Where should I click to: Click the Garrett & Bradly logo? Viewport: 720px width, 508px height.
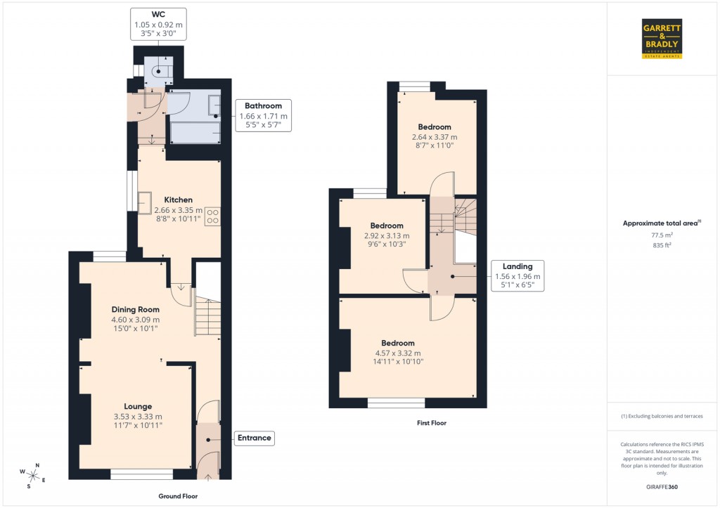(x=662, y=39)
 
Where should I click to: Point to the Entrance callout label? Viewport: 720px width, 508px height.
(x=254, y=438)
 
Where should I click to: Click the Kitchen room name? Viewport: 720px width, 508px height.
(x=179, y=200)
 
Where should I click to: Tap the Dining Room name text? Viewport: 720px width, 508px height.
(x=136, y=309)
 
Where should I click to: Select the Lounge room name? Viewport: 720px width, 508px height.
(x=138, y=406)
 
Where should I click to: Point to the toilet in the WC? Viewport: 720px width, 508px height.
(x=158, y=70)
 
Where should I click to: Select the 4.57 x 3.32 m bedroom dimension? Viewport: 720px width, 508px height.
(x=397, y=353)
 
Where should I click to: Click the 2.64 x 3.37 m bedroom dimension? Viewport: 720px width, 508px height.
(x=434, y=137)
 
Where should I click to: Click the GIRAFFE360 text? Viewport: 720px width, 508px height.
(x=663, y=487)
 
